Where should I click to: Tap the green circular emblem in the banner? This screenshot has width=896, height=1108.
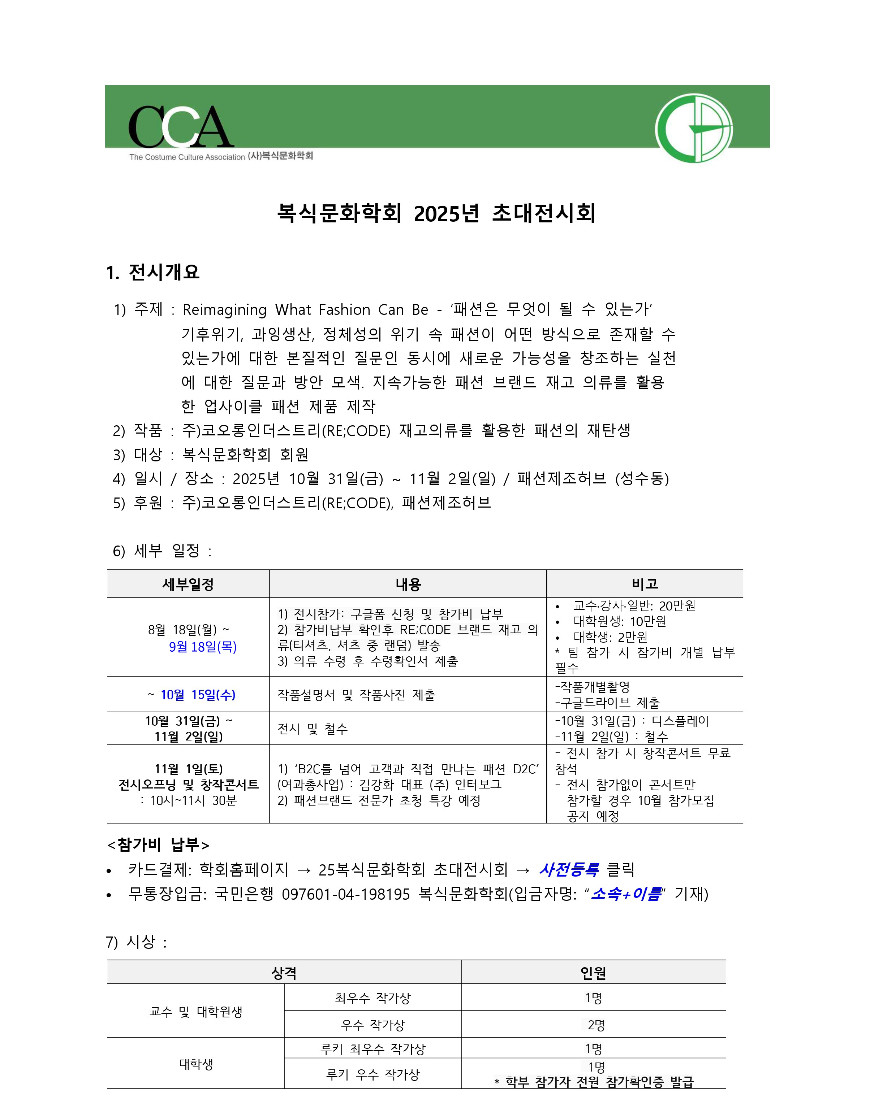(694, 129)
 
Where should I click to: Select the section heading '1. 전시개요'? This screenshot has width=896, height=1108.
(153, 272)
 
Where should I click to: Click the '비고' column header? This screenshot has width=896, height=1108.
(645, 583)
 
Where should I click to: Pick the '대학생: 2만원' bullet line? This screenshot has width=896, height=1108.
(610, 637)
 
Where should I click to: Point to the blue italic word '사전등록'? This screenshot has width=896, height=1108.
(569, 869)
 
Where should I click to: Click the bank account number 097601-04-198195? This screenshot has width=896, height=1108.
(346, 894)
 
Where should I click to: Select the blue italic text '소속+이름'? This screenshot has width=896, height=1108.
(625, 894)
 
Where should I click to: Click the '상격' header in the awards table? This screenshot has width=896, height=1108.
(284, 973)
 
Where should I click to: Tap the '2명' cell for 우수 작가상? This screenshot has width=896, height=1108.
(596, 1025)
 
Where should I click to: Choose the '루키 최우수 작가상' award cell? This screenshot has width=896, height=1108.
(372, 1049)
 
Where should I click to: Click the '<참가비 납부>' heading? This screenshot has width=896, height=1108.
(158, 844)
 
